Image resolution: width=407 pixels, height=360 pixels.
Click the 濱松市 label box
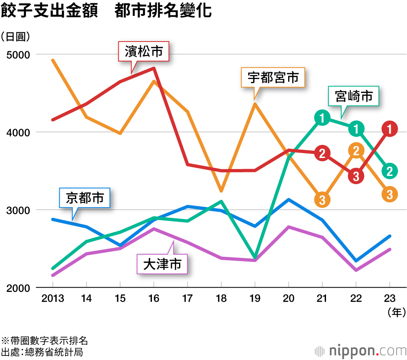click(x=143, y=52)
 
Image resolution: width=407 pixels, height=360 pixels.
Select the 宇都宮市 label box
click(x=273, y=77)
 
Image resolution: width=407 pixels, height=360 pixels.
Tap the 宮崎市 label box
click(x=354, y=97)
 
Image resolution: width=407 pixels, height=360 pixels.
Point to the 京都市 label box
click(x=85, y=198)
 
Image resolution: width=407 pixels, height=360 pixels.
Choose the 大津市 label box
click(x=162, y=265)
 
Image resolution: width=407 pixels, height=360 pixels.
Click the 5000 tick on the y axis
click(x=16, y=54)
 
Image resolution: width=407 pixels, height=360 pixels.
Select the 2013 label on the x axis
click(x=53, y=299)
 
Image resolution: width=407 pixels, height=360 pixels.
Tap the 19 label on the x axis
click(x=255, y=299)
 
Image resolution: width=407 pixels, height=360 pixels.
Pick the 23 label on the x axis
click(x=389, y=299)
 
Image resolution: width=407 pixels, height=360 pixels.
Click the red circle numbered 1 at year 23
click(x=389, y=129)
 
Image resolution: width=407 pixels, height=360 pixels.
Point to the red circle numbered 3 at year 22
click(x=356, y=176)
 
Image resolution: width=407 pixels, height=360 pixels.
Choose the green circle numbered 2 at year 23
click(x=389, y=171)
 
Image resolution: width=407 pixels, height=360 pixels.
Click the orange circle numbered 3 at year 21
click(x=322, y=199)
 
